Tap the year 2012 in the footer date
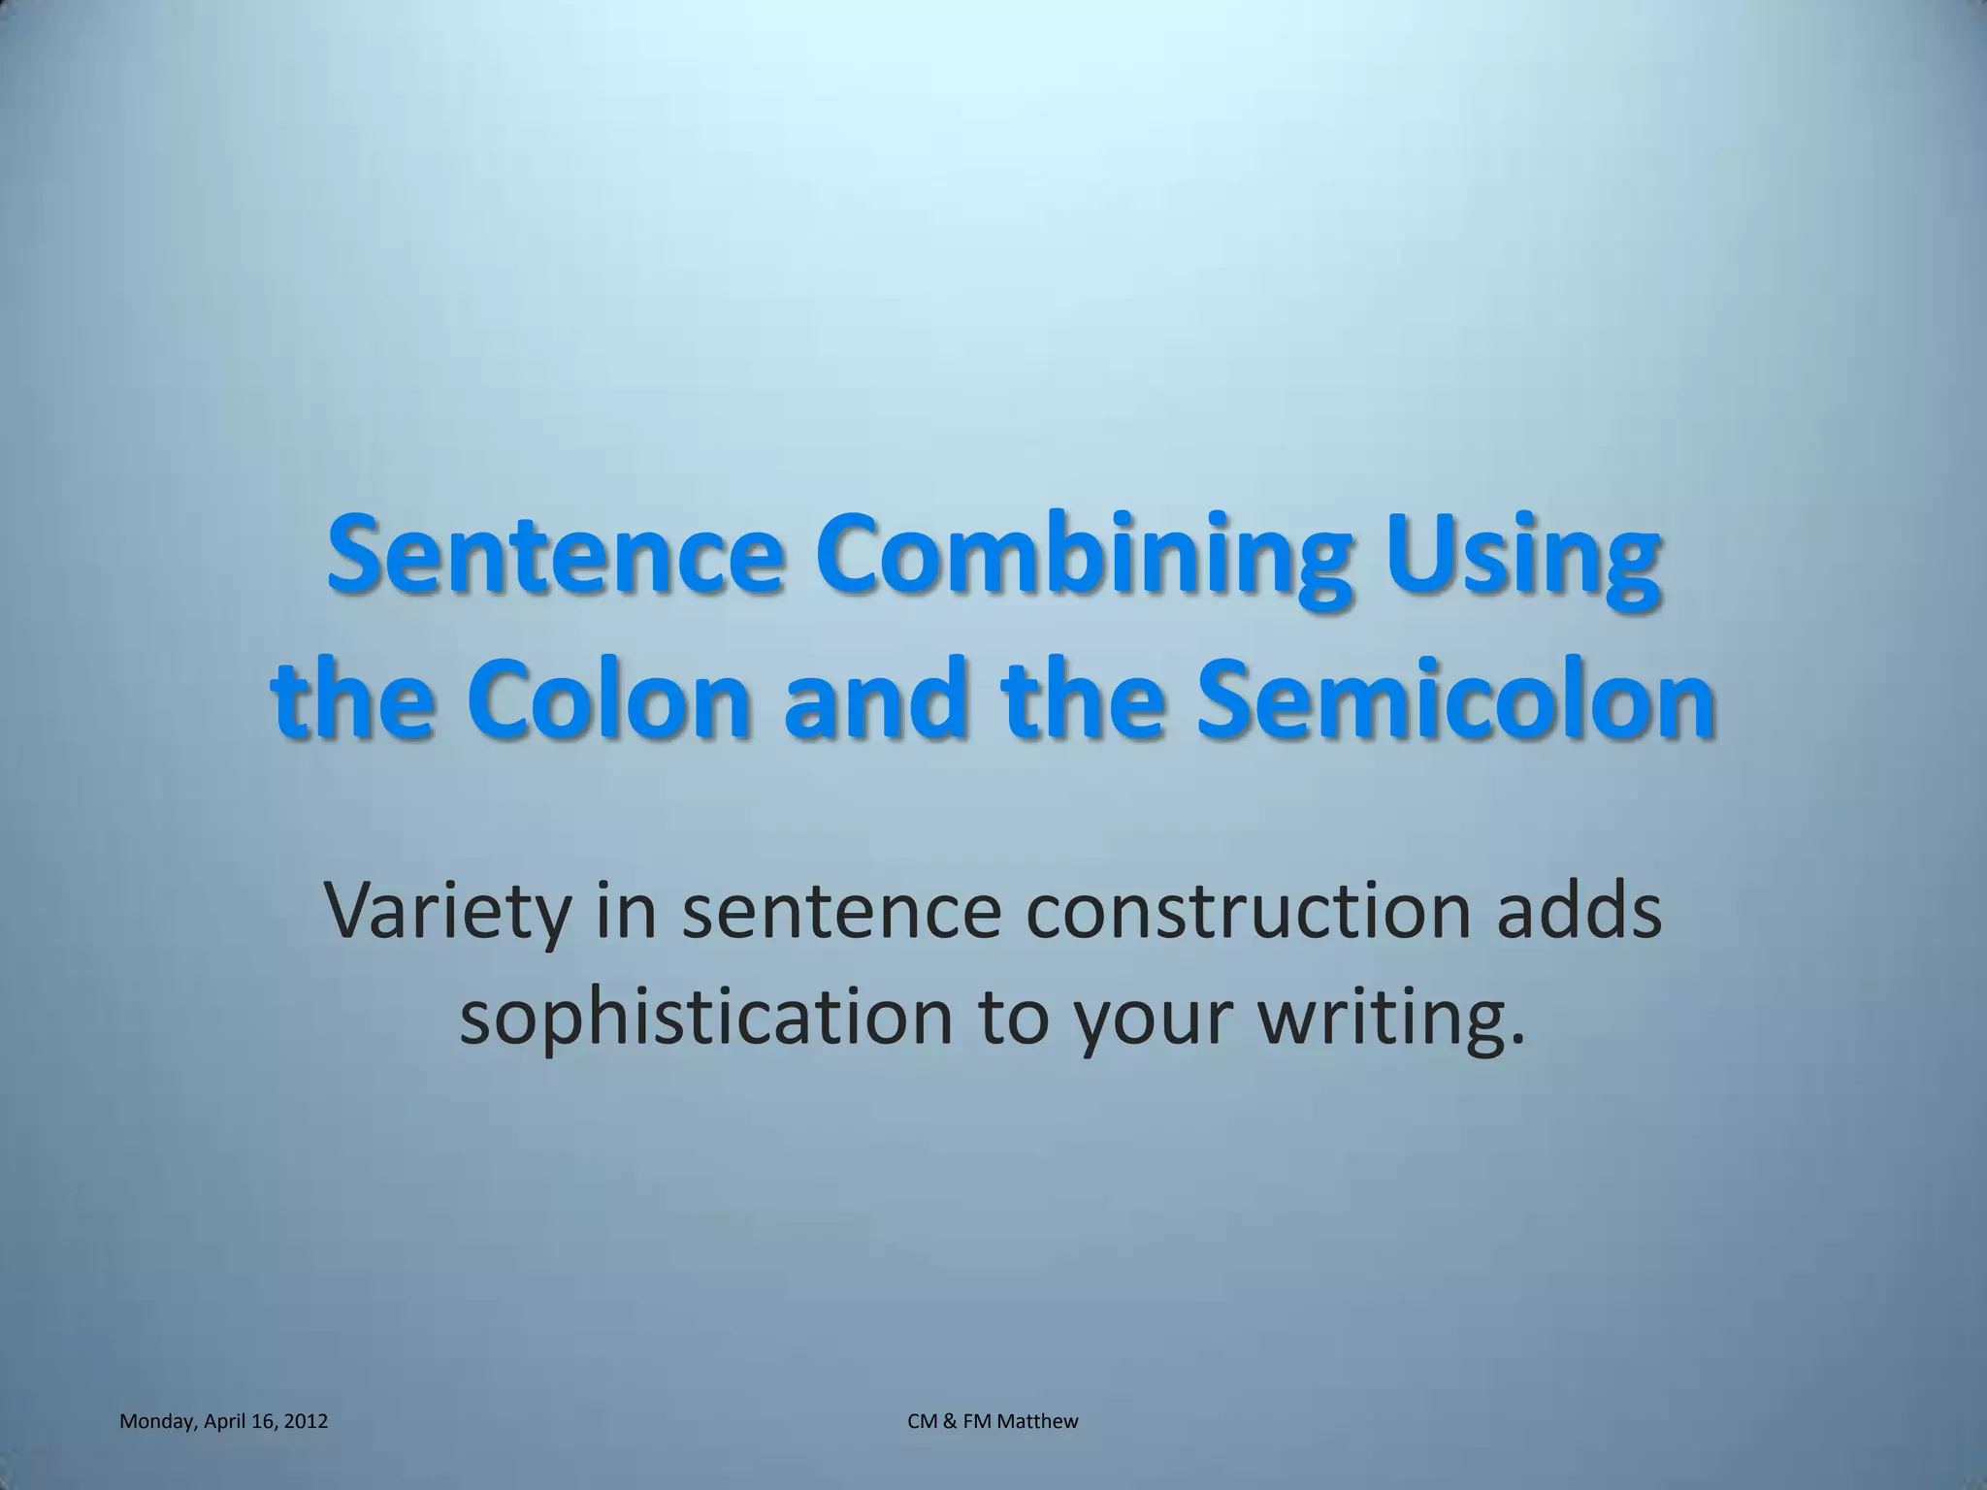point(307,1421)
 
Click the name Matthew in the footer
point(1042,1421)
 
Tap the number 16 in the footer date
point(265,1421)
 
